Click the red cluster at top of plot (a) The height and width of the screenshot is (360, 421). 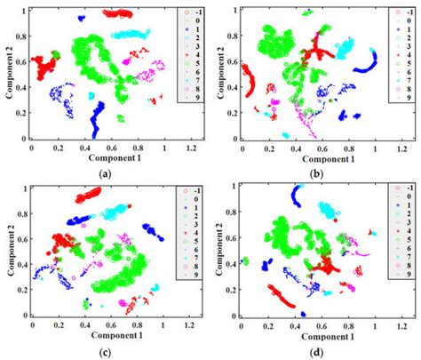116,14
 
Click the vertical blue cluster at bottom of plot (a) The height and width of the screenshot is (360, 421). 96,120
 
